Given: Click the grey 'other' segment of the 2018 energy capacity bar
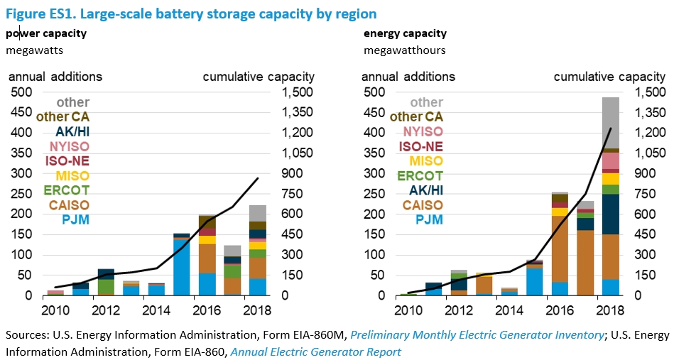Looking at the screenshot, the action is (x=610, y=123).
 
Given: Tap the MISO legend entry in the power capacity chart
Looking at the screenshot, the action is (x=72, y=175).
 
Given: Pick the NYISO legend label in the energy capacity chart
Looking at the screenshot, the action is (x=423, y=131).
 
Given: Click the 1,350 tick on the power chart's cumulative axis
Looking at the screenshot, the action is (x=298, y=112).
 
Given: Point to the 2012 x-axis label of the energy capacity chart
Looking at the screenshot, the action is (x=459, y=310).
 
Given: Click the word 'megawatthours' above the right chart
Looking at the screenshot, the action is (x=405, y=50).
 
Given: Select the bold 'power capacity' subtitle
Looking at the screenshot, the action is (x=46, y=33).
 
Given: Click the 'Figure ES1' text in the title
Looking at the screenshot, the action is (x=39, y=13).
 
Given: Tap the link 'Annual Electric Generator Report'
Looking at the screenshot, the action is (x=316, y=352).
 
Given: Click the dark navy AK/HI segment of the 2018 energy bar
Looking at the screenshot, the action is (x=610, y=214).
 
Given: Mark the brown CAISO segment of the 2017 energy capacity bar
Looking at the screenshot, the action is (x=585, y=263).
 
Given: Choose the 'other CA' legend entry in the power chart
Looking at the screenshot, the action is (x=62, y=117).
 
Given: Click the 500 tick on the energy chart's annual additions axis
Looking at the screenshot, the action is (x=374, y=92).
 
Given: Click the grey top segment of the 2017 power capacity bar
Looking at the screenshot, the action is (x=232, y=251).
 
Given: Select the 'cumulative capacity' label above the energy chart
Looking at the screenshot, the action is (x=609, y=77).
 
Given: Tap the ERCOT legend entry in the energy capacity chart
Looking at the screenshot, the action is (x=420, y=175).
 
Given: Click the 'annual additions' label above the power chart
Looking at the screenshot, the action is (x=55, y=77).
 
